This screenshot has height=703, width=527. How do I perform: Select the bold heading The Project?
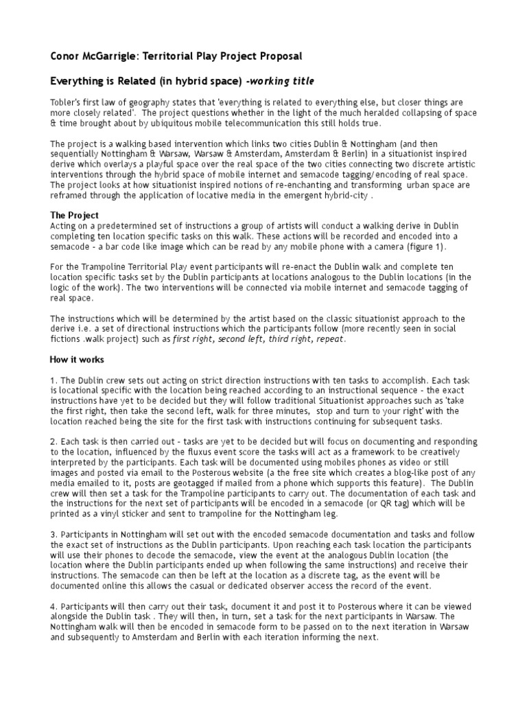point(74,215)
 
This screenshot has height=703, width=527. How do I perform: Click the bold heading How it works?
point(77,359)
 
